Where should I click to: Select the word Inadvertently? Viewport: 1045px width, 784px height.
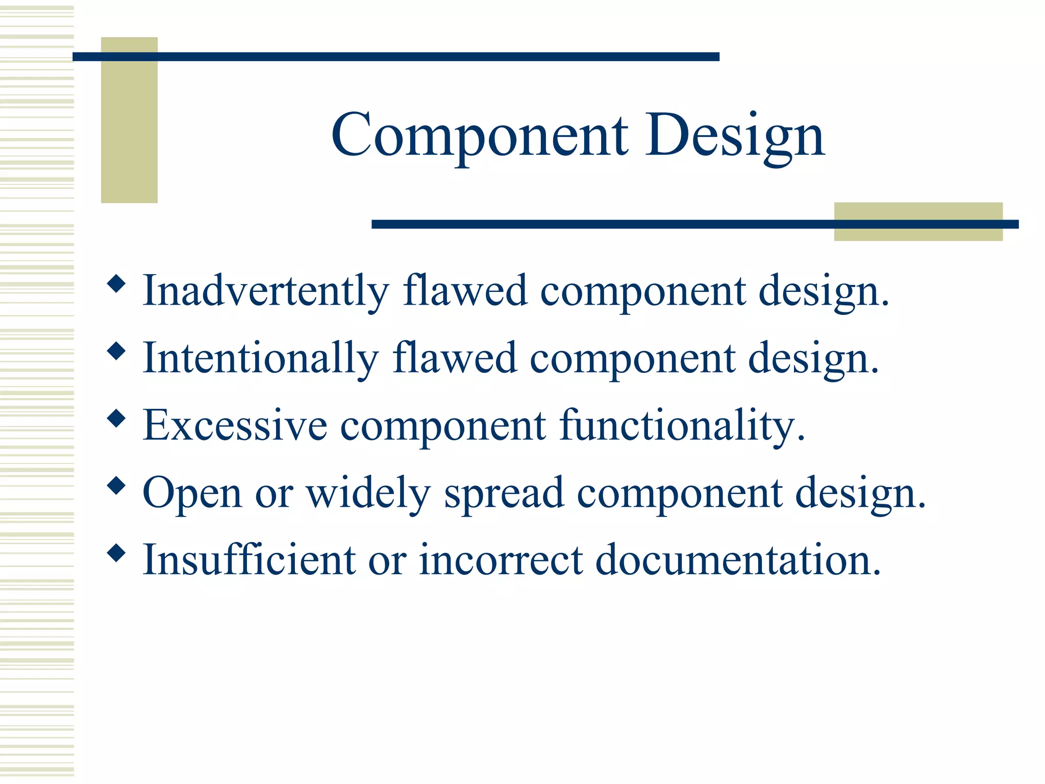265,291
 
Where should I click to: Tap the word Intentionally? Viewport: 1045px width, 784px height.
260,359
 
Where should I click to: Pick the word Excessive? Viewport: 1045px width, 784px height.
235,426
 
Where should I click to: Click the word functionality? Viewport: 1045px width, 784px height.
681,426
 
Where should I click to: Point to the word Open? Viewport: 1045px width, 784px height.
192,494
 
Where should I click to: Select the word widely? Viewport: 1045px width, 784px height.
368,494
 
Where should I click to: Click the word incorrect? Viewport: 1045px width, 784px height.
501,560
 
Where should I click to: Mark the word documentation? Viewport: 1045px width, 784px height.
738,560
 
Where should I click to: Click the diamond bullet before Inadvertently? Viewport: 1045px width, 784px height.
117,283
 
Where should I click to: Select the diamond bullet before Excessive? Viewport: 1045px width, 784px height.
117,418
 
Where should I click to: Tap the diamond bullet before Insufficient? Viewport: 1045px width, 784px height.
117,553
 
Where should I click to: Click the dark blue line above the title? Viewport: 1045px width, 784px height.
395,57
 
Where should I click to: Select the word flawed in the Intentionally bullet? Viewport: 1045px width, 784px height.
455,359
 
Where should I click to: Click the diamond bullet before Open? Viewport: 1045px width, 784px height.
117,485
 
